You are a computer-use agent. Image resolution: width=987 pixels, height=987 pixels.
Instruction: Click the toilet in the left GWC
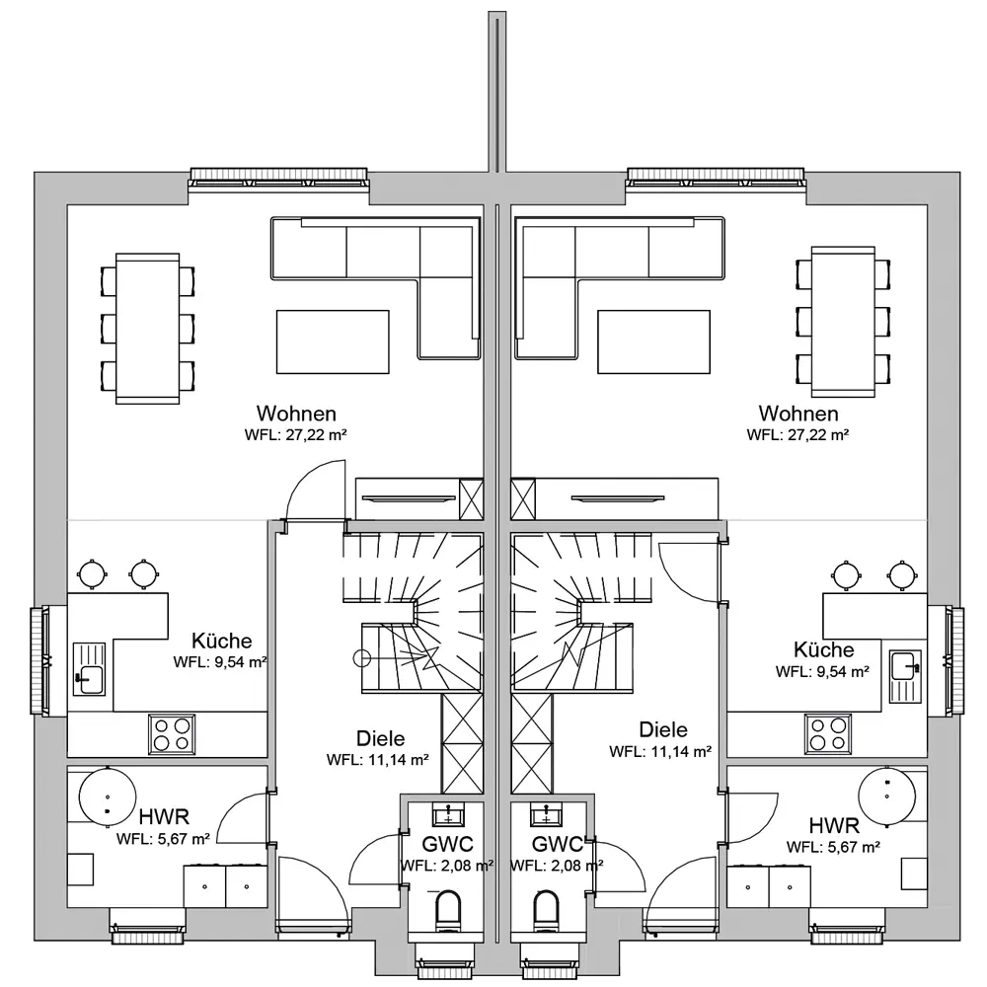click(x=448, y=911)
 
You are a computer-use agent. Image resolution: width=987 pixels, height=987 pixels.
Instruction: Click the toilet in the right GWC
click(x=546, y=911)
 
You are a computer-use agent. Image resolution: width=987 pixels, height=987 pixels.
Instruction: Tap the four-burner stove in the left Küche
click(x=172, y=734)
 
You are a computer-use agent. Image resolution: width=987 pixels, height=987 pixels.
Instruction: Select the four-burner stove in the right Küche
click(x=828, y=734)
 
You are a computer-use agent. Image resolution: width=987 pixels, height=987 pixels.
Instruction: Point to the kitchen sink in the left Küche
click(x=90, y=668)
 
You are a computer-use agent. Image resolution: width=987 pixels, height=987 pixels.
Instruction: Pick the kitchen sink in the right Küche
click(x=905, y=676)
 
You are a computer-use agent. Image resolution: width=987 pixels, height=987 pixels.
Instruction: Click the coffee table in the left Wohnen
click(x=333, y=342)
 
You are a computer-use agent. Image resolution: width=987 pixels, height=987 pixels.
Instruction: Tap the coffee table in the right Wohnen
click(x=654, y=342)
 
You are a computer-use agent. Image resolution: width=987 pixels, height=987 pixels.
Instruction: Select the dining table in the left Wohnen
click(x=148, y=329)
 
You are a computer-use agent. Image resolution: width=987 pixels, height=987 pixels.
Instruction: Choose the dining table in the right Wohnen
click(x=844, y=322)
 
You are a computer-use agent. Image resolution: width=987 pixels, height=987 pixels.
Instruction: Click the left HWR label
click(x=164, y=817)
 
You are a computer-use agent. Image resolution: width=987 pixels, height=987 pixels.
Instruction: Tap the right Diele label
click(x=663, y=729)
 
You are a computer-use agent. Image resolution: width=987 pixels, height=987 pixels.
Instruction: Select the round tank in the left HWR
click(x=108, y=797)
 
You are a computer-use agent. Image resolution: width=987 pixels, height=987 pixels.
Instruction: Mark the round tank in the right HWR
click(x=887, y=797)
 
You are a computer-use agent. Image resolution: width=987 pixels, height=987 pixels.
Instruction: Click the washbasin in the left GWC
click(x=448, y=814)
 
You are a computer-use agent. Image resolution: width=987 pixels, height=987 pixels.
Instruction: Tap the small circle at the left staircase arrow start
click(x=362, y=658)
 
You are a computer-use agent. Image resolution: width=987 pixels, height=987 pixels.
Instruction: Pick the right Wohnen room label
click(x=798, y=414)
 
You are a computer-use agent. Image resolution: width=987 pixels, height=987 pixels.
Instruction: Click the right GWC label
click(x=558, y=844)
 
